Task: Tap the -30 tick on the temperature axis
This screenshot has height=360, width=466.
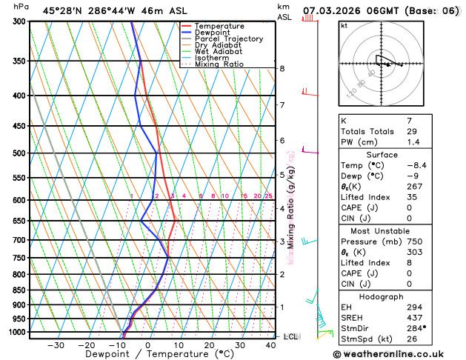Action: coord(56,345)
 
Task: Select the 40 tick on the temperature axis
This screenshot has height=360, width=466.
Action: coord(271,345)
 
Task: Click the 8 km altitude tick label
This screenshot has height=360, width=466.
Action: coord(282,68)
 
